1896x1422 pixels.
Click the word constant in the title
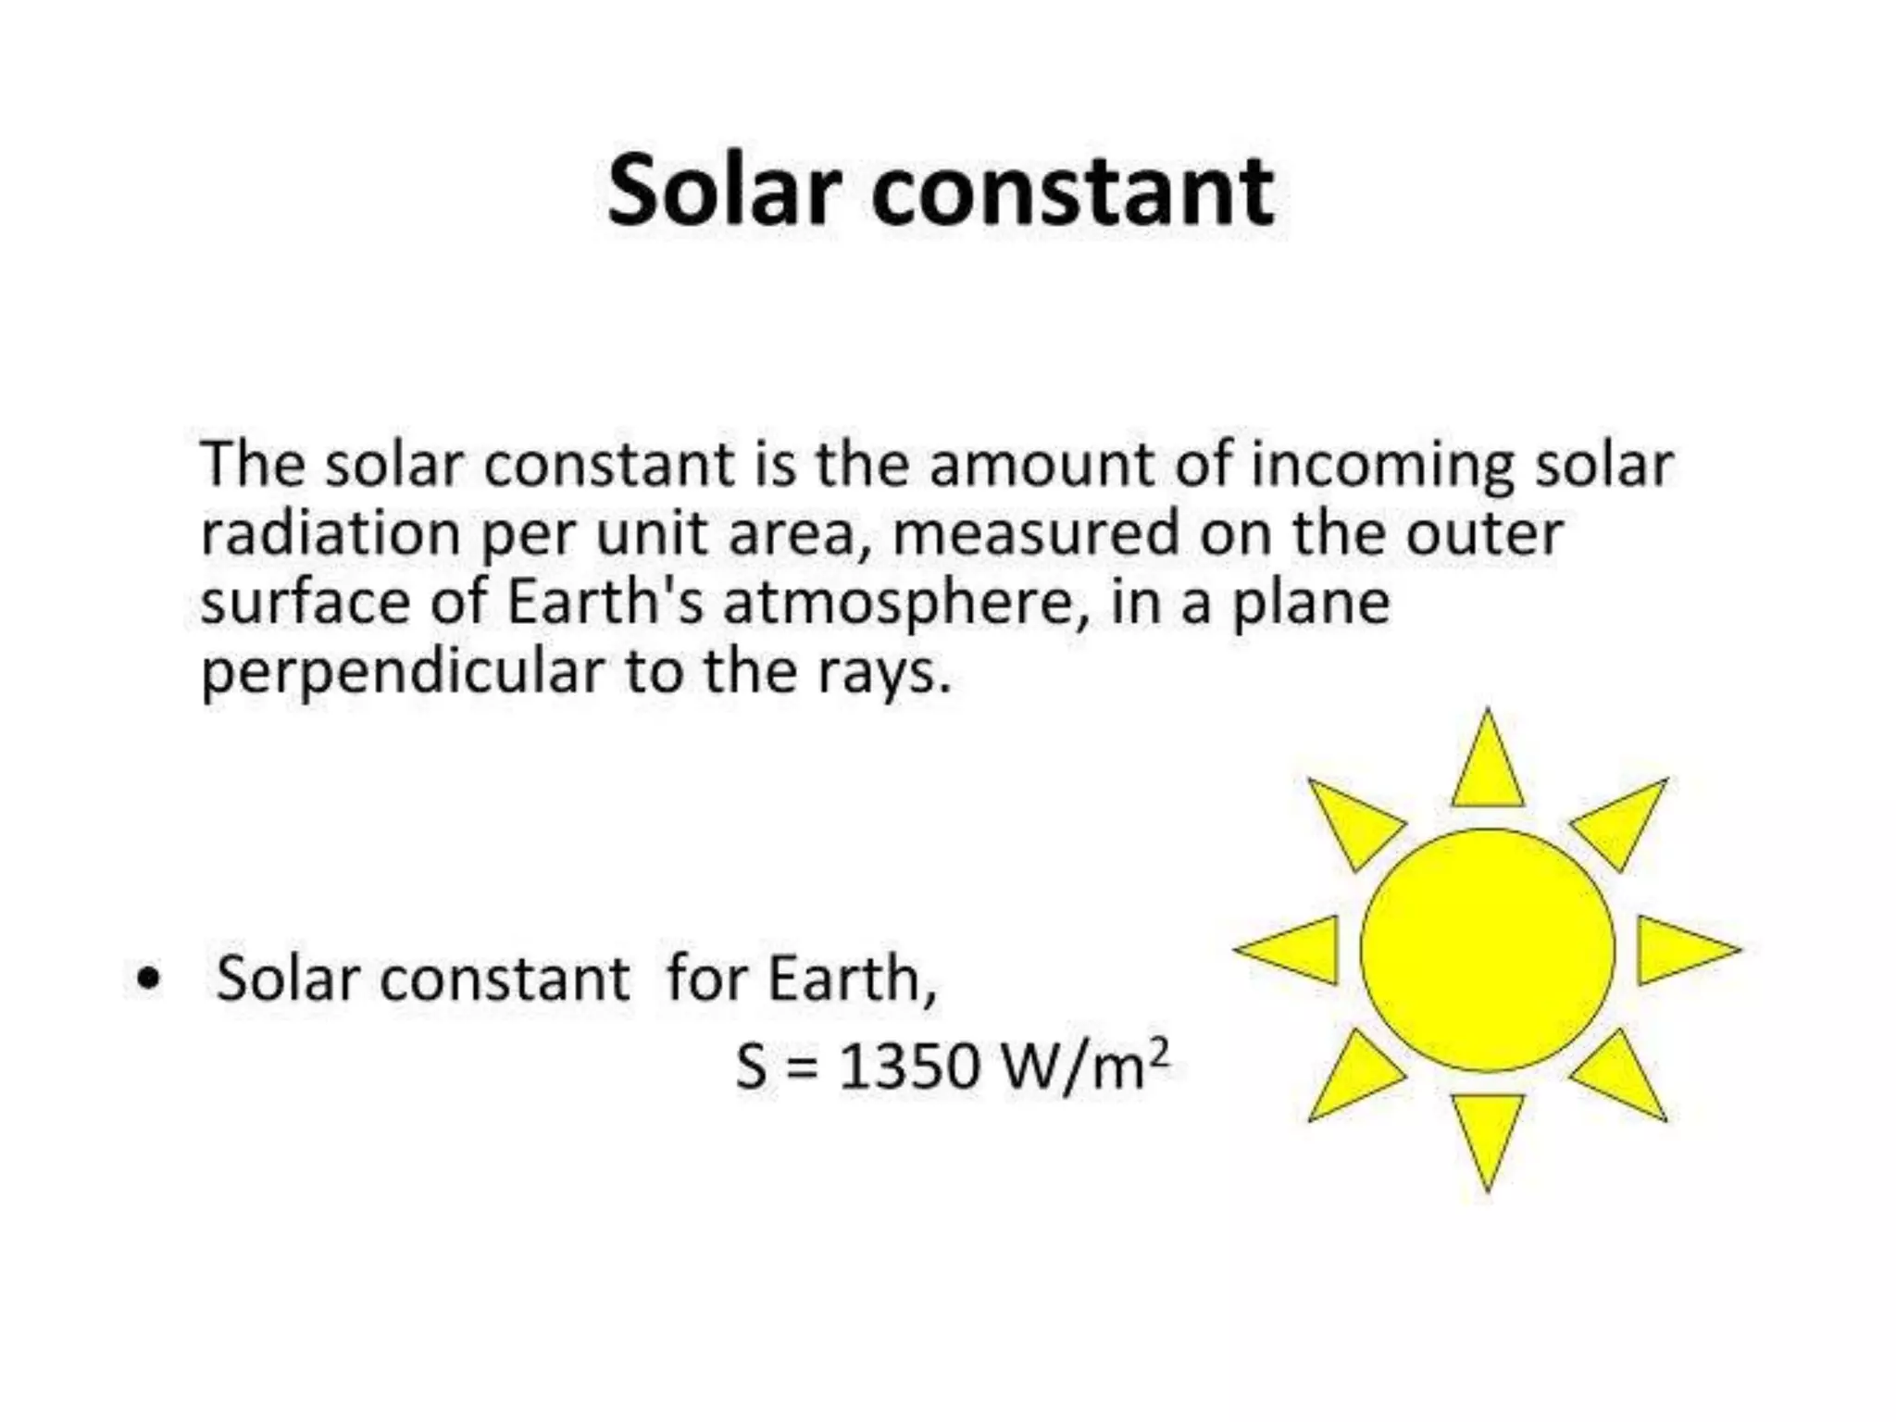click(x=1073, y=193)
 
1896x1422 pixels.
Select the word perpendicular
click(x=403, y=673)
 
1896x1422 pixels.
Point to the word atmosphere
click(x=893, y=604)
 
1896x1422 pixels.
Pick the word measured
click(x=1036, y=534)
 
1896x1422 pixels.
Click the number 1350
click(x=909, y=1066)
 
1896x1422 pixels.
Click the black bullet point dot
click(x=147, y=979)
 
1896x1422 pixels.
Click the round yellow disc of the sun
click(x=1488, y=950)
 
